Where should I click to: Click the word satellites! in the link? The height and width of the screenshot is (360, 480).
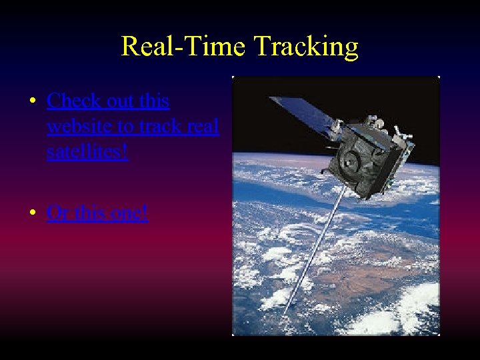coord(87,152)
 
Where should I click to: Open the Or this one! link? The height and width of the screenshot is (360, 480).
coord(97,213)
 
